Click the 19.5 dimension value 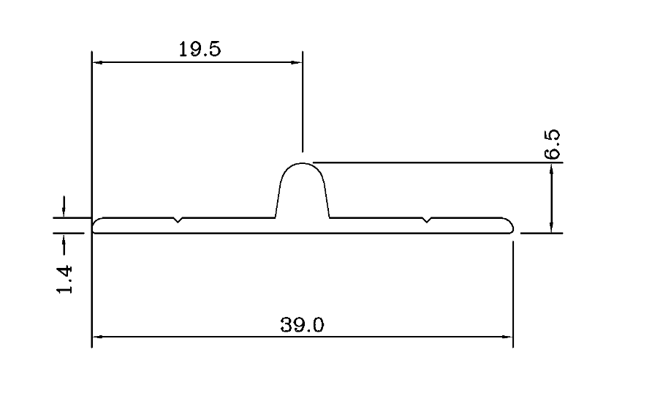tap(199, 50)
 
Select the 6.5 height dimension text tap(553, 144)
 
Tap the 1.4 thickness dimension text tap(65, 279)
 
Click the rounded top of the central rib tap(302, 165)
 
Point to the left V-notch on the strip tap(178, 220)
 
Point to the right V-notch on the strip tap(427, 220)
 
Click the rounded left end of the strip tap(94, 225)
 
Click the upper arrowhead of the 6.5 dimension tap(552, 168)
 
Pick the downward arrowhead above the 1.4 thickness tap(64, 212)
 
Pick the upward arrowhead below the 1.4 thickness tap(64, 239)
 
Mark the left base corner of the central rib tap(275, 217)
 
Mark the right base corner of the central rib tap(329, 217)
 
